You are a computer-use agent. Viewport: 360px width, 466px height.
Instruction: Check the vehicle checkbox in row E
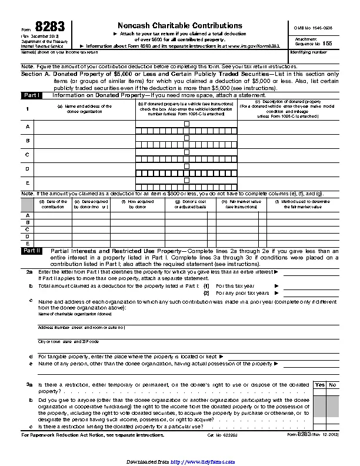click(x=186, y=180)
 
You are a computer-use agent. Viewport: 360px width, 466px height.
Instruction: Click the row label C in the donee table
click(x=27, y=155)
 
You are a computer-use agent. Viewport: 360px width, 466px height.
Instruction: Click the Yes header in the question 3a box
click(x=320, y=385)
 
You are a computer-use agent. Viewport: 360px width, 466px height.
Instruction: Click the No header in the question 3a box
click(x=333, y=385)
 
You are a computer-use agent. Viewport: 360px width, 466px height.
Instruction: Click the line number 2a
click(x=29, y=272)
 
